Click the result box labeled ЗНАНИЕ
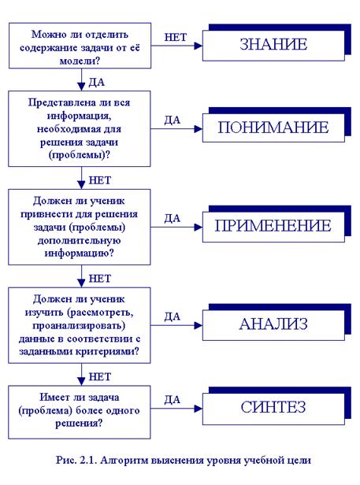coord(273,45)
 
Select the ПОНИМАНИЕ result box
coord(273,128)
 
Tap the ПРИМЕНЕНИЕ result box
coord(273,227)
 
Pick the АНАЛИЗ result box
coord(273,324)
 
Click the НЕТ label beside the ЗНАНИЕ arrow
coord(176,37)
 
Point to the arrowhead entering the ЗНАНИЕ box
coord(198,46)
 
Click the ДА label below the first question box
coord(97,82)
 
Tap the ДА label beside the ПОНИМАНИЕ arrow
coord(172,120)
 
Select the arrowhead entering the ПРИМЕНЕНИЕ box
coord(198,228)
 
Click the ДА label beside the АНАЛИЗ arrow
coord(172,317)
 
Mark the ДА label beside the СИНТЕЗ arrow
coord(172,400)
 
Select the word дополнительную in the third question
coord(80,241)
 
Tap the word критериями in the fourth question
coord(108,352)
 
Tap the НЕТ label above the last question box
coord(100,376)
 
